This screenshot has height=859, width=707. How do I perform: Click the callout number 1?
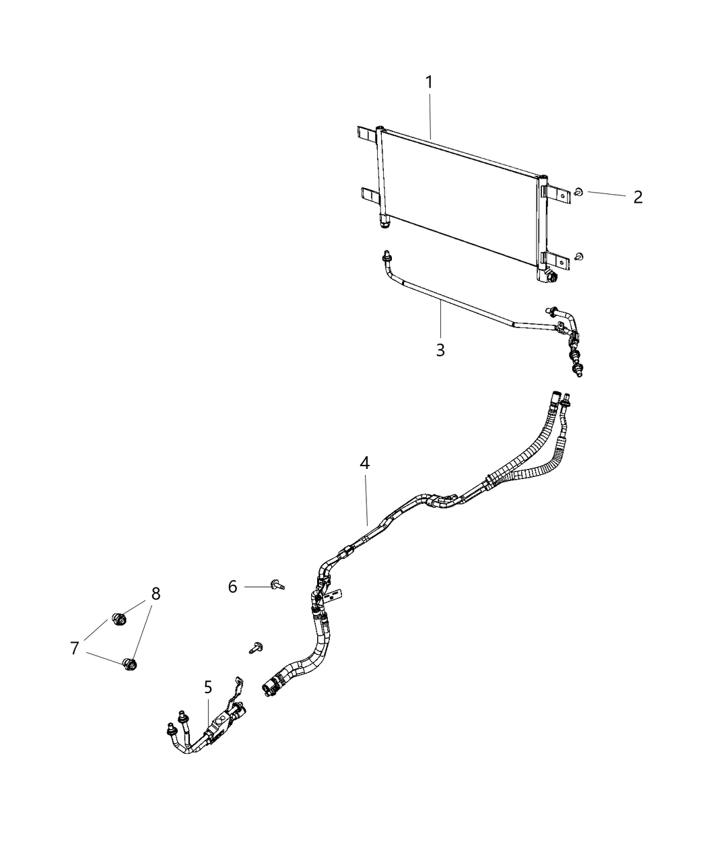429,84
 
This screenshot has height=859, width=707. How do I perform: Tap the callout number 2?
638,197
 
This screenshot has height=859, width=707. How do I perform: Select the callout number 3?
440,350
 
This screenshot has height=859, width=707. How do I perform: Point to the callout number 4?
364,464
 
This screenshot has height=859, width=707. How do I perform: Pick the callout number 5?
208,688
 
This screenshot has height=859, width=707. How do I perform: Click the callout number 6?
232,587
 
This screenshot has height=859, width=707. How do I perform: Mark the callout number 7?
75,648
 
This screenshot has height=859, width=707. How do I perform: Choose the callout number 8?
156,594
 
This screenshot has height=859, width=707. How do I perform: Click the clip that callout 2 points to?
578,193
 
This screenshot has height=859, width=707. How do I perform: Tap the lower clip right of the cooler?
580,257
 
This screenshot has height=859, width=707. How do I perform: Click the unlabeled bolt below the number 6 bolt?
255,647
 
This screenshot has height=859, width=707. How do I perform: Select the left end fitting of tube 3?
386,257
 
